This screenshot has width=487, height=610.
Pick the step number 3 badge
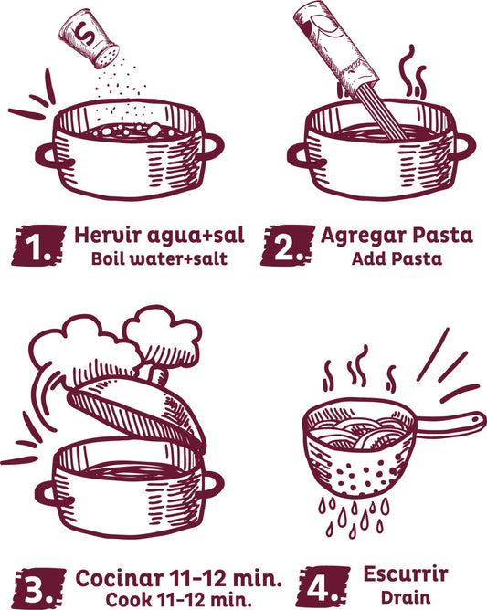pyautogui.click(x=37, y=588)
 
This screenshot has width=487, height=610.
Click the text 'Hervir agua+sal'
pyautogui.click(x=159, y=236)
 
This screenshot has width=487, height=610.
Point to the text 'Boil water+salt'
pyautogui.click(x=158, y=258)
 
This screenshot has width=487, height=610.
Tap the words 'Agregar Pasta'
pyautogui.click(x=397, y=235)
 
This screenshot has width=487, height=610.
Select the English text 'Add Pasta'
pyautogui.click(x=397, y=258)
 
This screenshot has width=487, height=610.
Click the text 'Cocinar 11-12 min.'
pyautogui.click(x=179, y=577)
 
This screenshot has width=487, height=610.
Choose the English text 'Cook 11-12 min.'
pyautogui.click(x=179, y=600)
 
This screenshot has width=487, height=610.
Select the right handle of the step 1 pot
pyautogui.click(x=212, y=147)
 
